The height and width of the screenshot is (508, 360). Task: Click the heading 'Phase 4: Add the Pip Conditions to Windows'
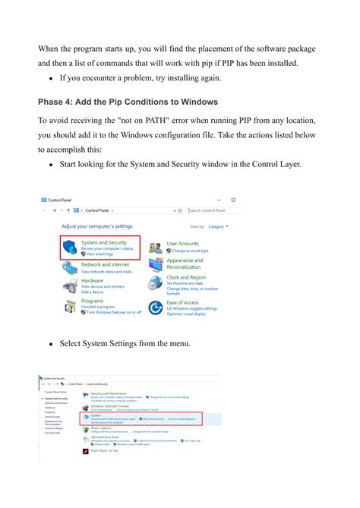point(128,102)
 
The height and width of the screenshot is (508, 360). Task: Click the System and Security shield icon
point(70,246)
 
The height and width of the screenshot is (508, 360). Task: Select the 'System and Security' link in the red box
point(104,243)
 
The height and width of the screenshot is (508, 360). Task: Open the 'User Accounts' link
point(182,244)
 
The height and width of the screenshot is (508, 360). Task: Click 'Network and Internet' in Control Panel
point(105,265)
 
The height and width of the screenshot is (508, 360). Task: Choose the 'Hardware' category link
point(93,280)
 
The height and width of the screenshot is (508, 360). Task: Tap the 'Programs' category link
point(92,301)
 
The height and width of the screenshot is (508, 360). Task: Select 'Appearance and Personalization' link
point(185,263)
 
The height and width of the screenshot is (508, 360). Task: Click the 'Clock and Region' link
point(187,278)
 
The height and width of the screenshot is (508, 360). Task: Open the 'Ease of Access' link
point(183,302)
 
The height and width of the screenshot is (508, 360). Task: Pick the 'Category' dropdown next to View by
point(218,226)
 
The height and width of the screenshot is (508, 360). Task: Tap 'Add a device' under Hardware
point(92,292)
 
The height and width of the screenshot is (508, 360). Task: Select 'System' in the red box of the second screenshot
point(96,415)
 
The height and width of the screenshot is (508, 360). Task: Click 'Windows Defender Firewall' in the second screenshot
point(111,405)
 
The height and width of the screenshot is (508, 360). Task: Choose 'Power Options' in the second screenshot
point(101,427)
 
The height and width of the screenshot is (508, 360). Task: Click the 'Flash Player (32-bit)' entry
point(105,450)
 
